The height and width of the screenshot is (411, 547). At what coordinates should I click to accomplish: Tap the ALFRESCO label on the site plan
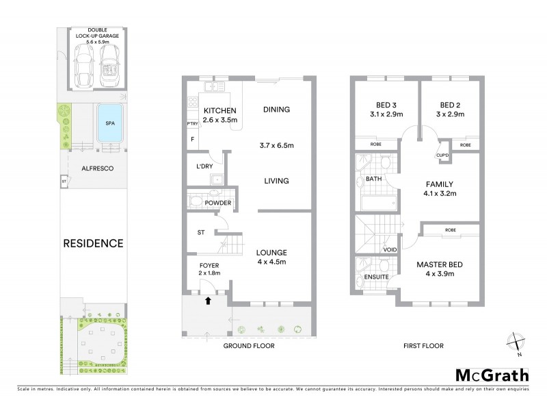click(x=93, y=167)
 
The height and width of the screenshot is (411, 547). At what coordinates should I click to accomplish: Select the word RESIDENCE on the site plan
click(x=93, y=242)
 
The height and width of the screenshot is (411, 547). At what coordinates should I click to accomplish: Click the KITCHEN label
click(x=220, y=110)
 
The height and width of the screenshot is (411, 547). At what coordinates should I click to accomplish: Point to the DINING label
click(x=276, y=110)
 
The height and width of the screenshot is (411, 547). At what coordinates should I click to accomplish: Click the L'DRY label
click(x=204, y=166)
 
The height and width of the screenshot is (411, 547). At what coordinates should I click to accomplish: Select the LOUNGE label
click(x=271, y=251)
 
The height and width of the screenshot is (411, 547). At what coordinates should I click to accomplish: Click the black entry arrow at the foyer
click(x=208, y=299)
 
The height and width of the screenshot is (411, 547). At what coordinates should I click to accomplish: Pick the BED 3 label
click(x=382, y=105)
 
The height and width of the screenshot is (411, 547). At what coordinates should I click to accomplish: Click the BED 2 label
click(x=449, y=105)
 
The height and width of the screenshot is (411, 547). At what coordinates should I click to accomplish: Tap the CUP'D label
click(x=442, y=155)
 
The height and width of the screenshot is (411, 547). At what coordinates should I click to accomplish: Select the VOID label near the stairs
click(x=390, y=249)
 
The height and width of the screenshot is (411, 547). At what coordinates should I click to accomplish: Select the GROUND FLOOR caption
click(x=250, y=346)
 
